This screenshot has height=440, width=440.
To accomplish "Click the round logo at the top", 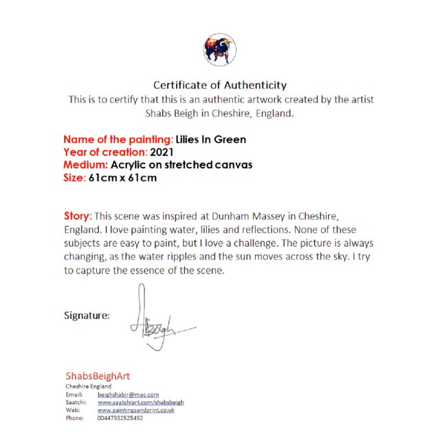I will (x=219, y=49).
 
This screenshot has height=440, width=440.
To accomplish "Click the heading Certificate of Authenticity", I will (x=220, y=85).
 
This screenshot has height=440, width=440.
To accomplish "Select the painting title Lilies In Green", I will (x=211, y=140).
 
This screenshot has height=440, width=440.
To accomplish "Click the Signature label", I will (x=87, y=316).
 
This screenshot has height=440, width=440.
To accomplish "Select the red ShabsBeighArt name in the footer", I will (x=98, y=376).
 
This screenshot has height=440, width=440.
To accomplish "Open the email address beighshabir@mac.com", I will (x=128, y=395).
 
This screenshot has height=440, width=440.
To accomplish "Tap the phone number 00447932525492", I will (x=120, y=417).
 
